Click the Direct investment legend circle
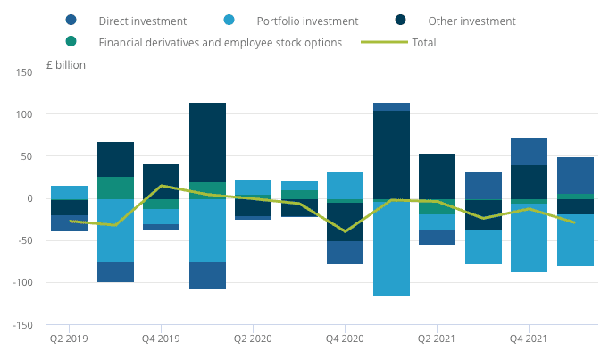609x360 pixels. click(71, 20)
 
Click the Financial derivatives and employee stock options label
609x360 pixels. click(220, 42)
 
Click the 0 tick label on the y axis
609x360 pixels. click(29, 198)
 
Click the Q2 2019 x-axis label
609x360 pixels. click(69, 339)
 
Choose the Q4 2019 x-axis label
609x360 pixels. click(161, 339)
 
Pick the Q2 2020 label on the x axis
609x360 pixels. click(253, 339)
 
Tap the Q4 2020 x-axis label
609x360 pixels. click(345, 339)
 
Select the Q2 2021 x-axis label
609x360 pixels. click(437, 339)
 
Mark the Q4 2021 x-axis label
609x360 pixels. click(529, 339)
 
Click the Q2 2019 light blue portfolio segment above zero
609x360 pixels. click(69, 192)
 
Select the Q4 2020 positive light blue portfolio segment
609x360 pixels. click(345, 185)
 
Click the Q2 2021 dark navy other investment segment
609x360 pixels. click(437, 176)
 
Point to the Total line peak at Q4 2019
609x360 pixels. click(161, 186)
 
